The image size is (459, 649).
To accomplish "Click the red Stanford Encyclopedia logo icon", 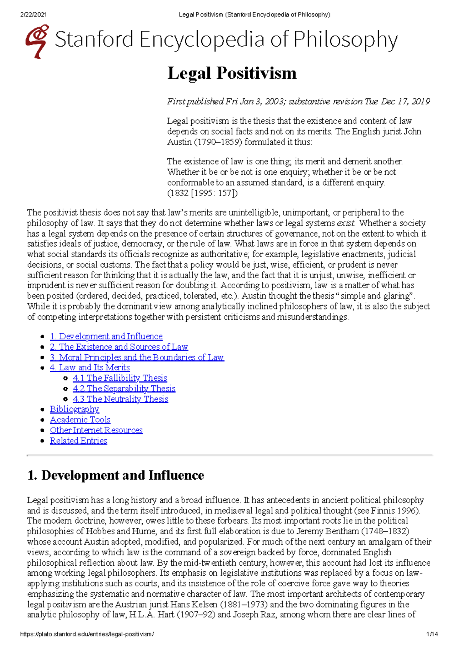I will point(37,41).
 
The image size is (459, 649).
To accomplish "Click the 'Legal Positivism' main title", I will point(232,73).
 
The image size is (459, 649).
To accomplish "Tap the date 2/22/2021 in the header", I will point(34,15).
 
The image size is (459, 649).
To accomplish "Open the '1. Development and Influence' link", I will point(106,336).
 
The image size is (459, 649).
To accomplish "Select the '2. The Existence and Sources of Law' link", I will point(119,347).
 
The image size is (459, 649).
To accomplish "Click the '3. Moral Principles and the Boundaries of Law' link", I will point(137,357).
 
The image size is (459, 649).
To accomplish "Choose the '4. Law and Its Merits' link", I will point(90,368).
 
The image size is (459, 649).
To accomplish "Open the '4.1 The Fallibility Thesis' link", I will point(120,378).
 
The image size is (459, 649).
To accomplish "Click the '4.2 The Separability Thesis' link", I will point(124,389).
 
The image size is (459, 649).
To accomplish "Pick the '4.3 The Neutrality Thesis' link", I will point(120,399).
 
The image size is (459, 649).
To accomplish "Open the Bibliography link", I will point(74,409).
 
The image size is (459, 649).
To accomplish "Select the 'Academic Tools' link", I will point(80,420).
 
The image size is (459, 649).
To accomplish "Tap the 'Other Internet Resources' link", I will point(96,430).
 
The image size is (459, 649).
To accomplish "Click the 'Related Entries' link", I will point(78,441).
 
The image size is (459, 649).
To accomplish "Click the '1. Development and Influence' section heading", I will point(116,475).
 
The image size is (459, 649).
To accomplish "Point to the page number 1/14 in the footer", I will point(432,634).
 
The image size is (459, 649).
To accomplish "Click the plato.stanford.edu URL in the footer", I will point(87,634).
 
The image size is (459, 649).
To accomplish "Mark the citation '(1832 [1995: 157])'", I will point(202,193).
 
